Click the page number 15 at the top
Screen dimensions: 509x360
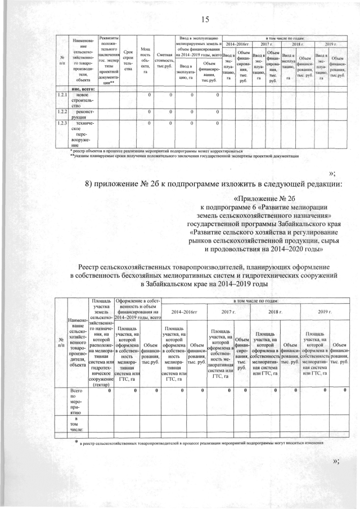[205, 20]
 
